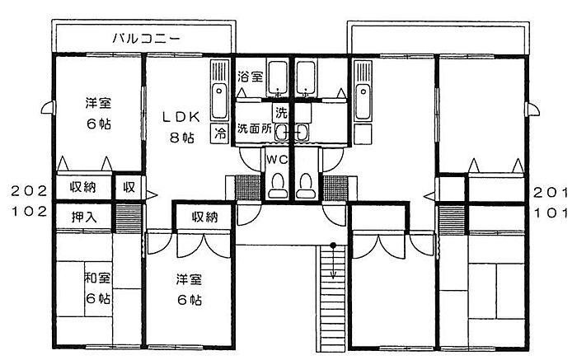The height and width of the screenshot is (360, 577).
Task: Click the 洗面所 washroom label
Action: [255, 129]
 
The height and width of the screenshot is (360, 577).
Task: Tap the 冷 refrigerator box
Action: [220, 133]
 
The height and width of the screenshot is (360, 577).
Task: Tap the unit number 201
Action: [550, 190]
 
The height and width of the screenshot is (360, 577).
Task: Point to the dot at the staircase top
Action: [333, 245]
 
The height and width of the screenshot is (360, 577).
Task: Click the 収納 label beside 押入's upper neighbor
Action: [82, 187]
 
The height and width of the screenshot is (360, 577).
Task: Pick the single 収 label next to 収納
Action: [129, 187]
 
